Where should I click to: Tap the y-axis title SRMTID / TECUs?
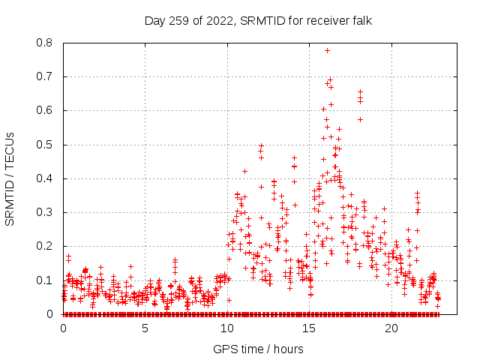[10, 178]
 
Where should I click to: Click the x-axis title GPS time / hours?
[258, 349]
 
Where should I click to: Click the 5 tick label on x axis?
[145, 328]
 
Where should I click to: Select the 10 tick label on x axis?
[227, 328]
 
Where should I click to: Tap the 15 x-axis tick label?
[309, 328]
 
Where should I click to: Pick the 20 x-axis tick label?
[391, 328]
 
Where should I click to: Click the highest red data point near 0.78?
[327, 50]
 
